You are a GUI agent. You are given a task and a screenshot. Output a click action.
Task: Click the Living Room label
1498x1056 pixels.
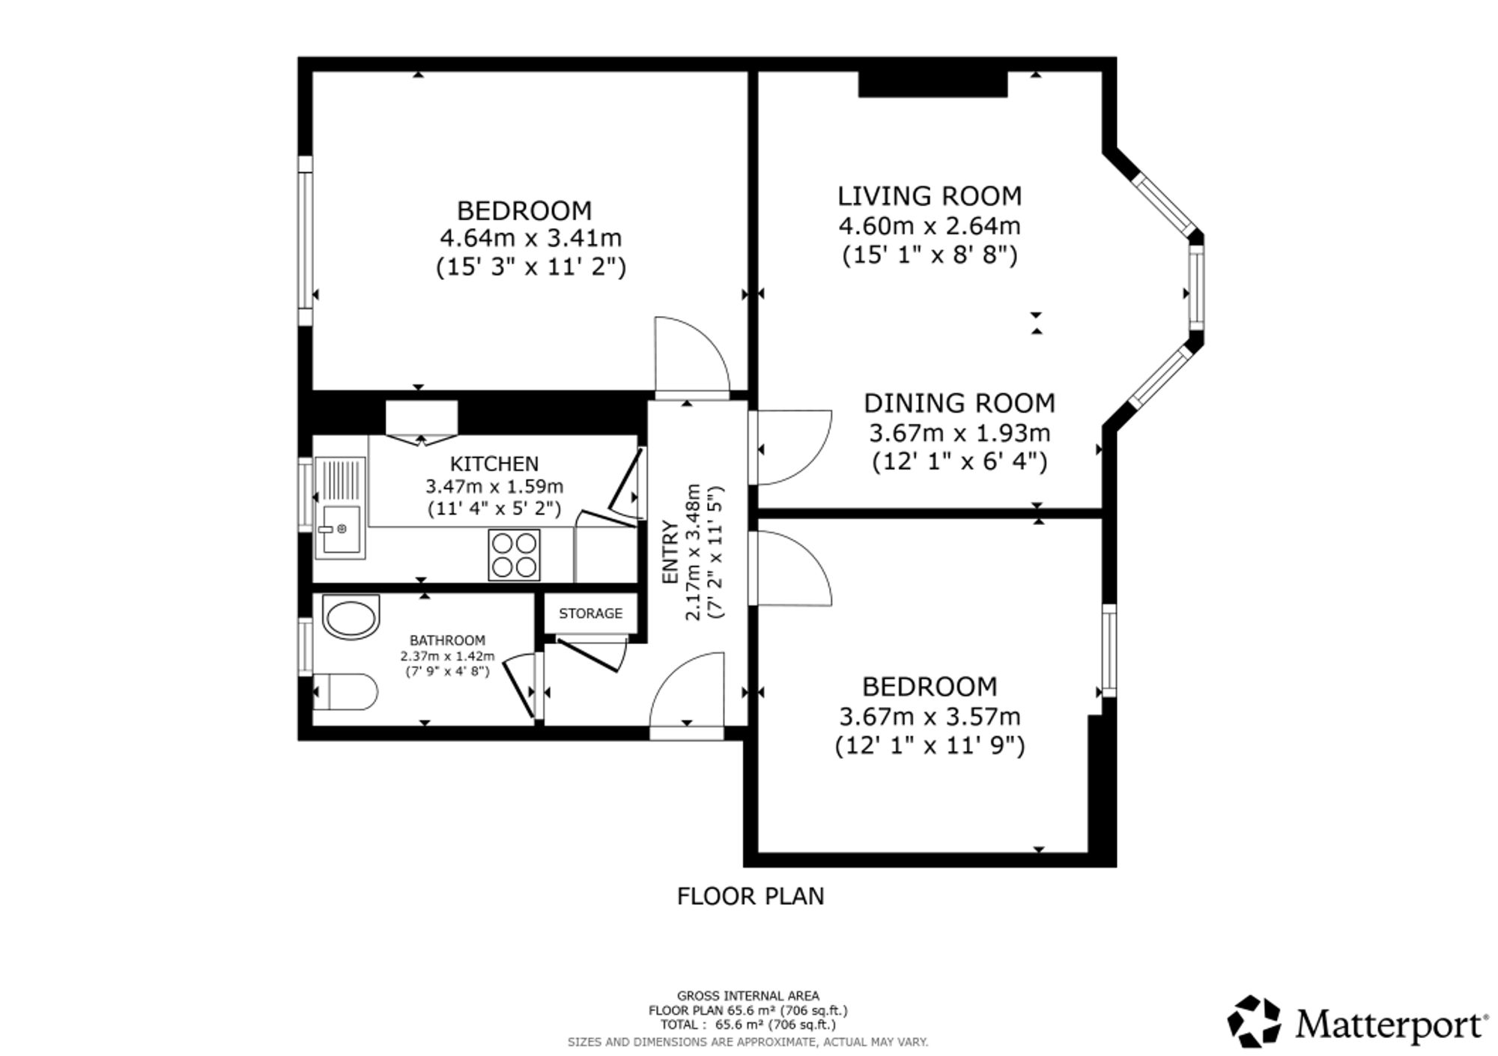930,196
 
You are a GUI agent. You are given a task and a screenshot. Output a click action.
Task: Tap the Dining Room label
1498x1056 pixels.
959,404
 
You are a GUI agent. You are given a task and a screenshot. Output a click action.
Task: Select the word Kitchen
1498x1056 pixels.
494,464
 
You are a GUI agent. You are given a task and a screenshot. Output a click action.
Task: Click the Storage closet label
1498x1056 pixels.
591,613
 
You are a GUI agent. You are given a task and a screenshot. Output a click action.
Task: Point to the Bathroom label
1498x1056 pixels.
447,640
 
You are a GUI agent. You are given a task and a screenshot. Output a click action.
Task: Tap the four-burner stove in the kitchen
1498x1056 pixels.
514,555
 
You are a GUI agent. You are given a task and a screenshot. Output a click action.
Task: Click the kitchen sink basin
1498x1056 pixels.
341,529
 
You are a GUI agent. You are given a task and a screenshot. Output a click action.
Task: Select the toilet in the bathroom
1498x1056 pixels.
345,691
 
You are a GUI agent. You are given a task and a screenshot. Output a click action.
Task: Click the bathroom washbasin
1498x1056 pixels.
351,617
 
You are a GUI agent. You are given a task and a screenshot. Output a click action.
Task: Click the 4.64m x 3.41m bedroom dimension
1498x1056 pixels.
530,238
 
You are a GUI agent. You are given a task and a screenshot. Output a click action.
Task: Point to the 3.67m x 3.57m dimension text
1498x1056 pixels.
930,717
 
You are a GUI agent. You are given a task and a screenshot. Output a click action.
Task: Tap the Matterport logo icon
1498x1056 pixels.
1255,1021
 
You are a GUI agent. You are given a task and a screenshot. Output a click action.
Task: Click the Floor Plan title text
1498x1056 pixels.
750,896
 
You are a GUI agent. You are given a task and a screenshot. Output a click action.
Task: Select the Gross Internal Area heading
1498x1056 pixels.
748,996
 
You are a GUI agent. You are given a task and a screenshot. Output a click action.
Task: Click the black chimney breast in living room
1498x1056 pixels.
933,84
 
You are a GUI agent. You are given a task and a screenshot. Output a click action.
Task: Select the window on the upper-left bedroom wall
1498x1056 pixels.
305,241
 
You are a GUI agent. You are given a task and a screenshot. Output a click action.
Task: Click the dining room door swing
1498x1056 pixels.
791,447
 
